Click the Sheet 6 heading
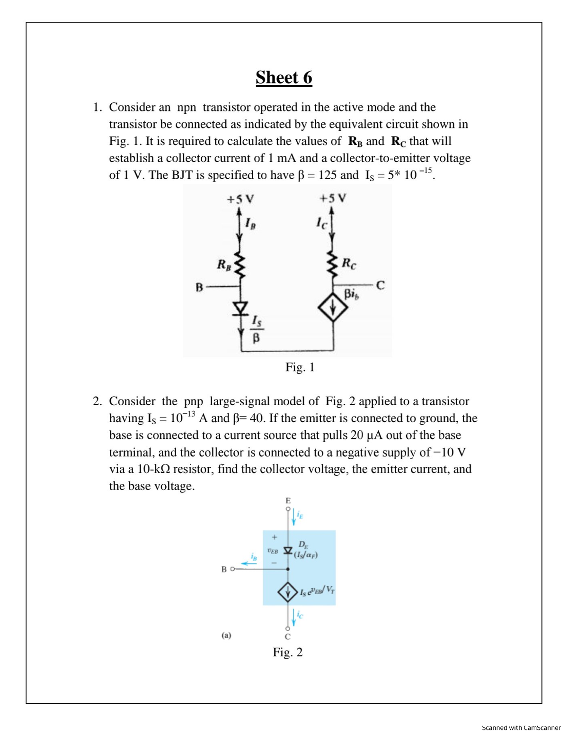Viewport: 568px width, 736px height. click(284, 77)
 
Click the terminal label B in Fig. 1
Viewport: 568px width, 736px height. click(199, 287)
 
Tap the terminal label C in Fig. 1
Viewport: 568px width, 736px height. click(381, 285)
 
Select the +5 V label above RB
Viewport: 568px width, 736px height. click(240, 199)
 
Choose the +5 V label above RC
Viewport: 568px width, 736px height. click(333, 198)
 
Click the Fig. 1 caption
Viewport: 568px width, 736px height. click(300, 367)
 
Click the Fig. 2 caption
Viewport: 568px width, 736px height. click(288, 652)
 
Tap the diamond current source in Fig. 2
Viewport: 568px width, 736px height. click(287, 592)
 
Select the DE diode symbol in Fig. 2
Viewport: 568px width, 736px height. click(287, 551)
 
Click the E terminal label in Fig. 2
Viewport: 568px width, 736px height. click(287, 500)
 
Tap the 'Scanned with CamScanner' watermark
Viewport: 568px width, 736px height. click(521, 727)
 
